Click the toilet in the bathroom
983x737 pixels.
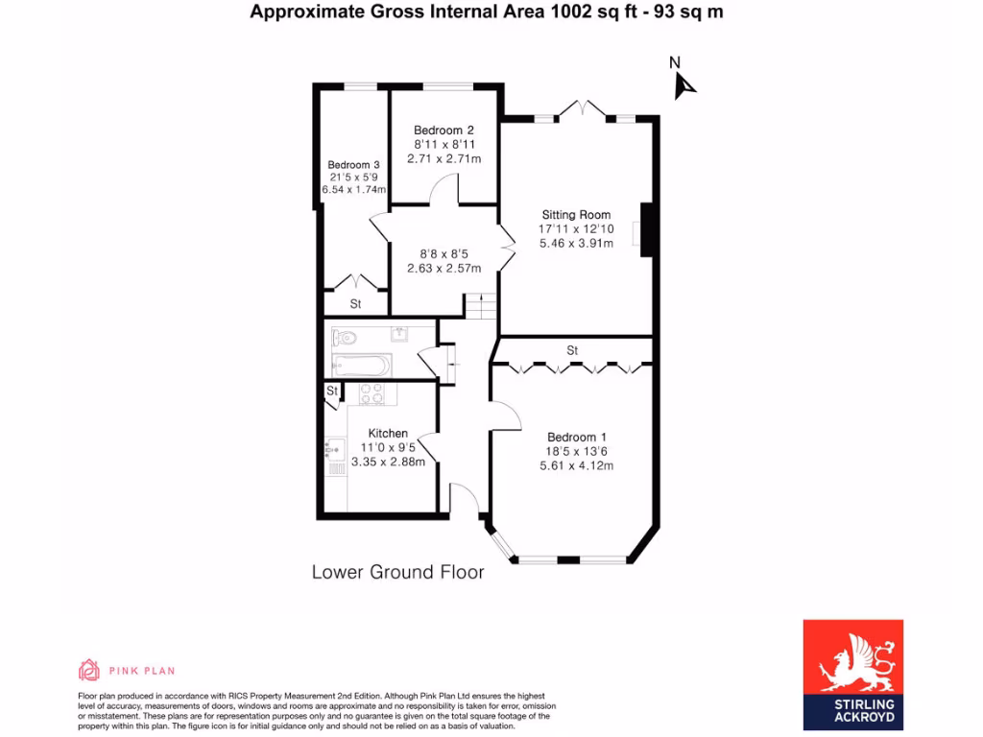click(345, 337)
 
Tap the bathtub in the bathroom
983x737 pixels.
click(361, 366)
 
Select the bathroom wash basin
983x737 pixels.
click(400, 334)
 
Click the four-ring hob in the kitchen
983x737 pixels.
click(372, 394)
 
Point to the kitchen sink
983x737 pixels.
click(334, 448)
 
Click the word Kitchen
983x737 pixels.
click(388, 434)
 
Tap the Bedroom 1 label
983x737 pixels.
click(576, 438)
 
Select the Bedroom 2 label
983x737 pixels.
click(444, 131)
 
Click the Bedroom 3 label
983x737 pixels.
click(353, 165)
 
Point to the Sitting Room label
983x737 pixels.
click(576, 215)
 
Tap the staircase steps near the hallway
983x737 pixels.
click(481, 307)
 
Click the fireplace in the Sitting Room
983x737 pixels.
click(646, 230)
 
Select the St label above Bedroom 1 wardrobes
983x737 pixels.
click(572, 350)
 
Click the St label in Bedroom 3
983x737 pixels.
click(355, 304)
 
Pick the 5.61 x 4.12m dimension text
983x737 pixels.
click(576, 466)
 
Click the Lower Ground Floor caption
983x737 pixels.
click(397, 573)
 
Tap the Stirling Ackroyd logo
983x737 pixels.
click(852, 670)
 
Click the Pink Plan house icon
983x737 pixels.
click(88, 670)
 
